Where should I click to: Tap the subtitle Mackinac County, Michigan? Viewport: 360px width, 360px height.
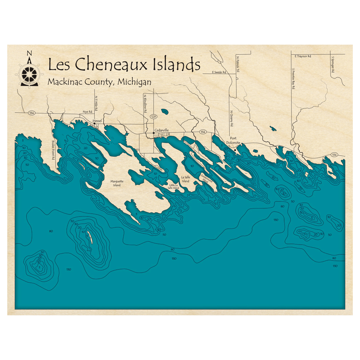(99, 82)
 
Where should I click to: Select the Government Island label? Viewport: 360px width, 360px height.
(207, 179)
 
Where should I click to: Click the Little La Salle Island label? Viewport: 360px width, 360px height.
(172, 186)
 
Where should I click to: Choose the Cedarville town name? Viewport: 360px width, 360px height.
(162, 130)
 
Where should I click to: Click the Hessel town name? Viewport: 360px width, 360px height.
(98, 121)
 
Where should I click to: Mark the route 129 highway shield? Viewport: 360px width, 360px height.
(154, 117)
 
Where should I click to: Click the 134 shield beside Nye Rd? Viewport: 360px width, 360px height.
(32, 113)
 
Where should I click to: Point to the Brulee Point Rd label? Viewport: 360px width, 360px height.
(53, 150)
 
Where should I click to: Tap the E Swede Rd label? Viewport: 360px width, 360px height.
(219, 72)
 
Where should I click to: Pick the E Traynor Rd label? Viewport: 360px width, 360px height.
(302, 57)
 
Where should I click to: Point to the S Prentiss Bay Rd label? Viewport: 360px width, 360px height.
(294, 78)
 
